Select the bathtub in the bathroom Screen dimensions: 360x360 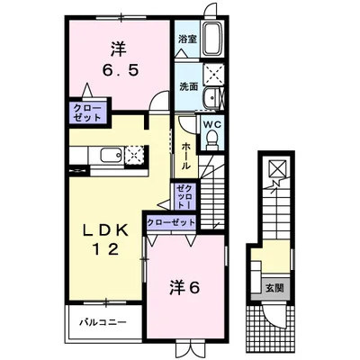click(x=214, y=40)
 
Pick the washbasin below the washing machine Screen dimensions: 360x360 click(x=214, y=101)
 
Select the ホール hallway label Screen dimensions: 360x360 click(x=186, y=156)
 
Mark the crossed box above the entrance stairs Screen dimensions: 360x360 click(x=274, y=170)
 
